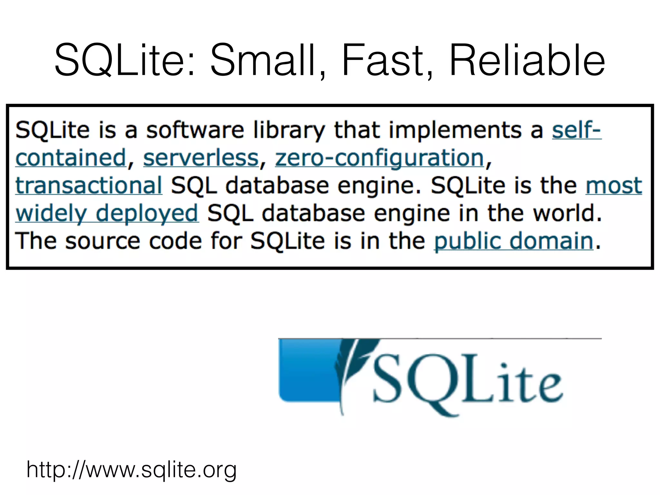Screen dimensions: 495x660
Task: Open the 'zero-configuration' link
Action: (x=379, y=158)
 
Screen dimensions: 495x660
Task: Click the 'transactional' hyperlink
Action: (x=89, y=186)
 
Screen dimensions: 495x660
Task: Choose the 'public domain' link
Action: (x=514, y=241)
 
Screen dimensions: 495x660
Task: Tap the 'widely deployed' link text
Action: (x=107, y=213)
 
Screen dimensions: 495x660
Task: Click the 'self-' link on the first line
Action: (x=577, y=130)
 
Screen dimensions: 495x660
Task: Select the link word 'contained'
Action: (x=71, y=158)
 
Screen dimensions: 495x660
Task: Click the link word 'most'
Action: (x=614, y=186)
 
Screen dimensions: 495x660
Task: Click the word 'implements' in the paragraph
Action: (x=455, y=130)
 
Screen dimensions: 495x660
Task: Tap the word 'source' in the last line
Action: (x=102, y=241)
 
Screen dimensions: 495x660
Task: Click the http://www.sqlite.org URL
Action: (x=131, y=469)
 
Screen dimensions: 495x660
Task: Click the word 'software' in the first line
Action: (x=195, y=130)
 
